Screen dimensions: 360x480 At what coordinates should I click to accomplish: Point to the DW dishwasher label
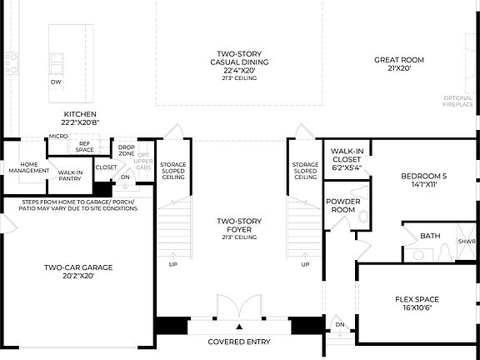click(x=56, y=82)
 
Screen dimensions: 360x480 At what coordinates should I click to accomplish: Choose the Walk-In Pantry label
click(x=70, y=176)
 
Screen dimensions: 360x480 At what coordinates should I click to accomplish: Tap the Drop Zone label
click(x=127, y=151)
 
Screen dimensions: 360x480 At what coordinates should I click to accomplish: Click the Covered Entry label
click(x=239, y=342)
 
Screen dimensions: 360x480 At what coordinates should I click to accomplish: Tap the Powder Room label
click(x=342, y=206)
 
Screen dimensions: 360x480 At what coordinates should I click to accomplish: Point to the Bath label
click(x=430, y=236)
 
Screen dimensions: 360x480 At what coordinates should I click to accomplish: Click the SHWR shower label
click(x=466, y=242)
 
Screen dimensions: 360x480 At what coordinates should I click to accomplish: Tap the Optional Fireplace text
click(x=458, y=102)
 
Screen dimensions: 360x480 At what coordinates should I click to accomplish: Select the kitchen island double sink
click(x=57, y=61)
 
